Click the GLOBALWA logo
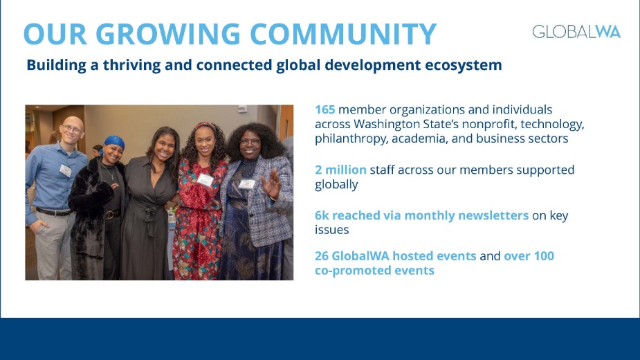[576, 32]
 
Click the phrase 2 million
[340, 170]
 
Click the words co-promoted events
[374, 271]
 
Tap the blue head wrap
[113, 143]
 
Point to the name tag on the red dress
[205, 180]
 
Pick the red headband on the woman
[206, 126]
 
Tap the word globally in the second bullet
[337, 185]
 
